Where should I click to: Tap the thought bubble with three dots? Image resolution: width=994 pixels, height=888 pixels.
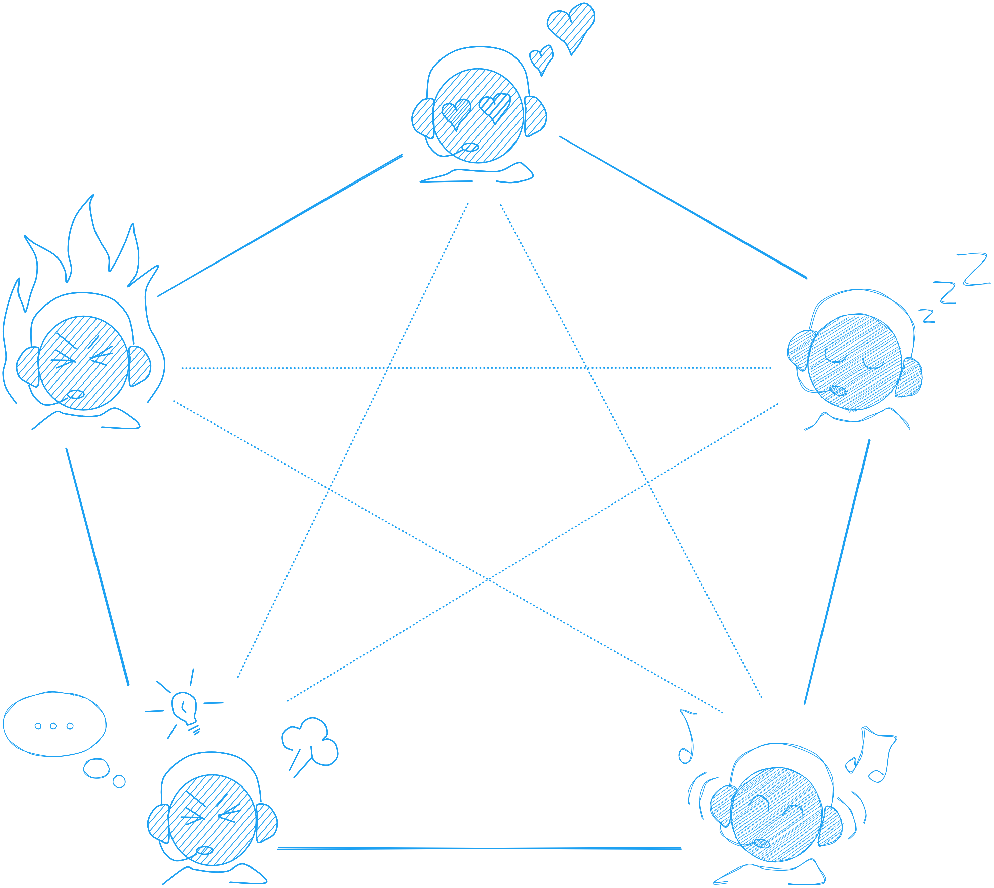pos(54,725)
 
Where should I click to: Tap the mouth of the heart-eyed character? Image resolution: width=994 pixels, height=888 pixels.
pos(470,147)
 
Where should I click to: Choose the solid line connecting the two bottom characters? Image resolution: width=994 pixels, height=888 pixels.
pos(479,848)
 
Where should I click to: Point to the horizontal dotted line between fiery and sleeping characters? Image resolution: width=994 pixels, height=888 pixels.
pos(476,368)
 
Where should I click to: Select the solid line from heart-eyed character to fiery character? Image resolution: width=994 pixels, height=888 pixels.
pos(280,226)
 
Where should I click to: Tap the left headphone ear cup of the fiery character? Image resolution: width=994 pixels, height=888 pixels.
pos(28,366)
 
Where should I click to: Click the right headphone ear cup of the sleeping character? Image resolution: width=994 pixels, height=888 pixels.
pos(910,378)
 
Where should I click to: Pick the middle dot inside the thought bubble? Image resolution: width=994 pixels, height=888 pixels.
pos(54,726)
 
